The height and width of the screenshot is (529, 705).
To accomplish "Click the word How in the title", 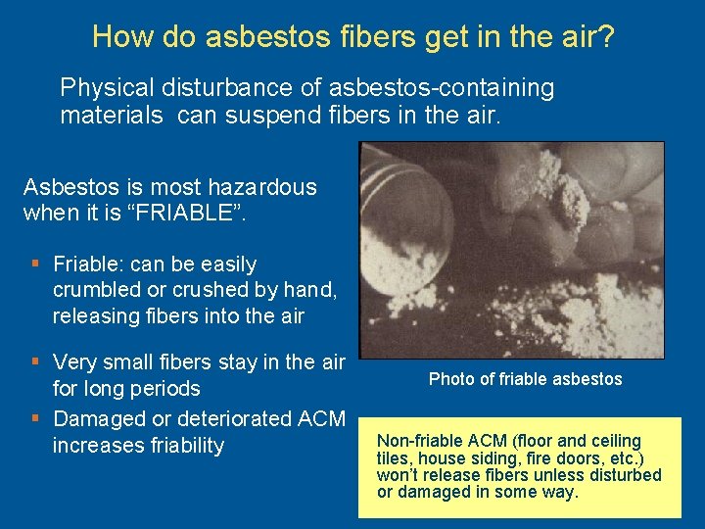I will coord(115,37).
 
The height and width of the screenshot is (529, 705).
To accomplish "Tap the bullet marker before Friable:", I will coord(35,264).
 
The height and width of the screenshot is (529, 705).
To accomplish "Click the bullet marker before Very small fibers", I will coord(35,362).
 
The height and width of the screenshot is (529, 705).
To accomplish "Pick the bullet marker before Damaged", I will coord(35,418).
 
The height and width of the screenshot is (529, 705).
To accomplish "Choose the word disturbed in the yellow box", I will coord(627,476).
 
